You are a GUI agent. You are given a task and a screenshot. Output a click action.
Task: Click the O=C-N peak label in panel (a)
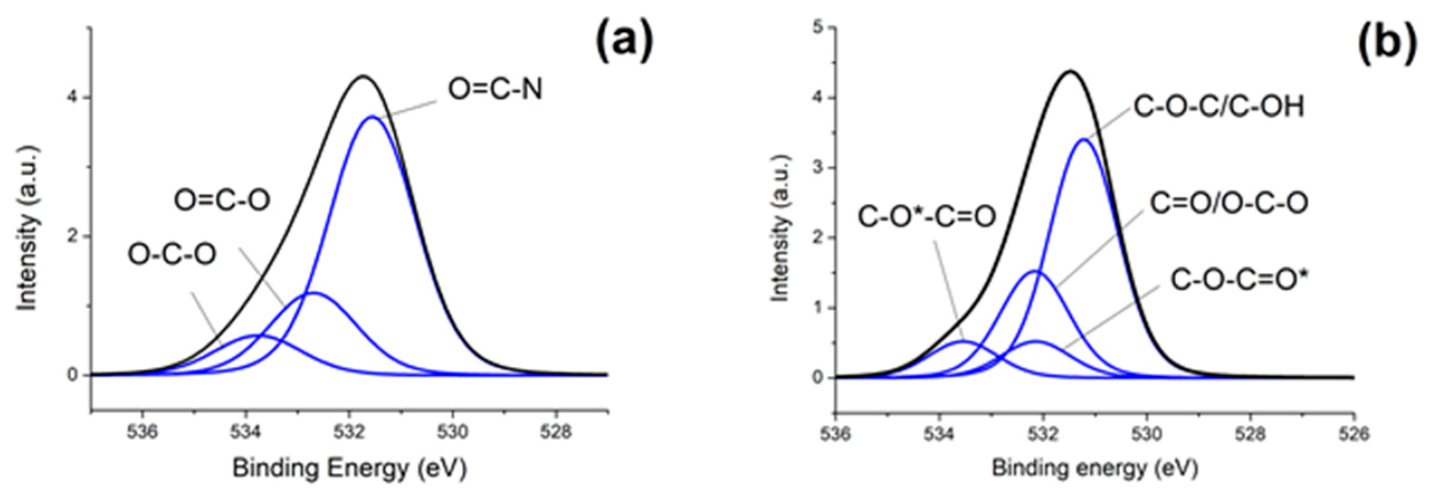(x=495, y=90)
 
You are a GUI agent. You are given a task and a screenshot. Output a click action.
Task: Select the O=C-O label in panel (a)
(x=222, y=200)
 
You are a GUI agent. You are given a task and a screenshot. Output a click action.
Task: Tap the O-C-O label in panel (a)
(x=171, y=255)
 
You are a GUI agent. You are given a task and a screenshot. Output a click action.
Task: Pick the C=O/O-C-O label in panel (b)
(x=1229, y=204)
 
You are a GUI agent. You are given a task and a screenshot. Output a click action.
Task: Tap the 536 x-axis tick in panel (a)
(x=142, y=433)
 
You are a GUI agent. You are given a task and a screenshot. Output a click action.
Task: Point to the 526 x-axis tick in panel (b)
(x=1353, y=433)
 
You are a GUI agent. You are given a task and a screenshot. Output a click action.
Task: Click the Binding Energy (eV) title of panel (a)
(x=349, y=469)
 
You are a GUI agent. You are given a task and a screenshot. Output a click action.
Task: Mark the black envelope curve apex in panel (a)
(x=364, y=76)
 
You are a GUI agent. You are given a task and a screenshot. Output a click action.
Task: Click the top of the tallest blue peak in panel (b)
(x=1083, y=140)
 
